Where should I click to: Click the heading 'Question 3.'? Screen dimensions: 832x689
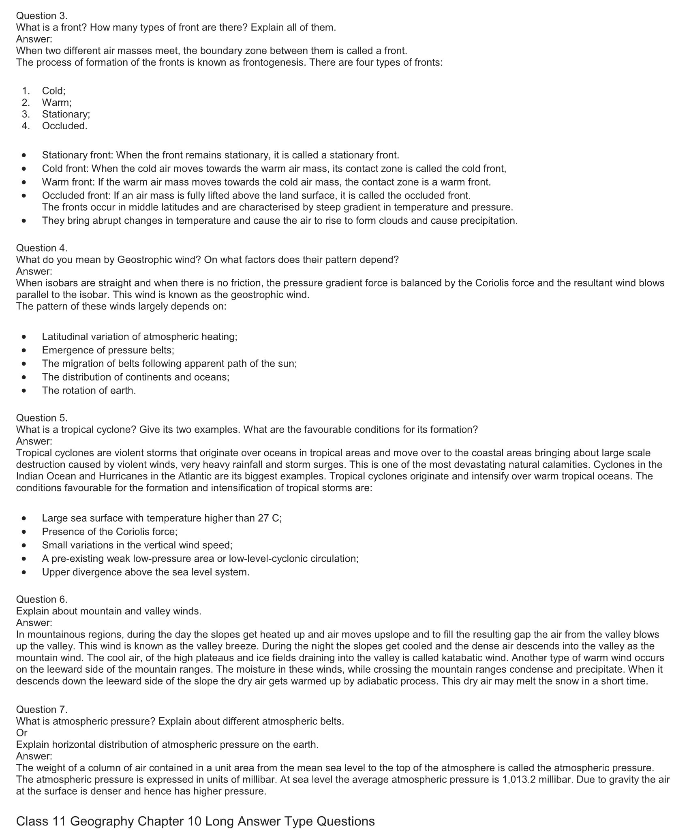42,16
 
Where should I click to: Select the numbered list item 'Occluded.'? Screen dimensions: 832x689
64,126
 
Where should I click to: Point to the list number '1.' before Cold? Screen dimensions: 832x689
26,91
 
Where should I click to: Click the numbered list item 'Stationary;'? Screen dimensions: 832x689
66,114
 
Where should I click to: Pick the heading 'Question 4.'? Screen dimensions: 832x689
42,248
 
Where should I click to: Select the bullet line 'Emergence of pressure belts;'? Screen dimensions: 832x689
108,350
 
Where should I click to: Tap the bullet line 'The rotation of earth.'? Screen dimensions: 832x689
89,391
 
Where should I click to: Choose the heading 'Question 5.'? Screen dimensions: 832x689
42,418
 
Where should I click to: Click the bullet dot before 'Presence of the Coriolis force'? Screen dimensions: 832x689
26,532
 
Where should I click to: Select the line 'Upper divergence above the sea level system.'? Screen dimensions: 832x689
146,572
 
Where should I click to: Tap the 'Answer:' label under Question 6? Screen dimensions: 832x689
34,622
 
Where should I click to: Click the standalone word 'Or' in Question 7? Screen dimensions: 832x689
22,733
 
